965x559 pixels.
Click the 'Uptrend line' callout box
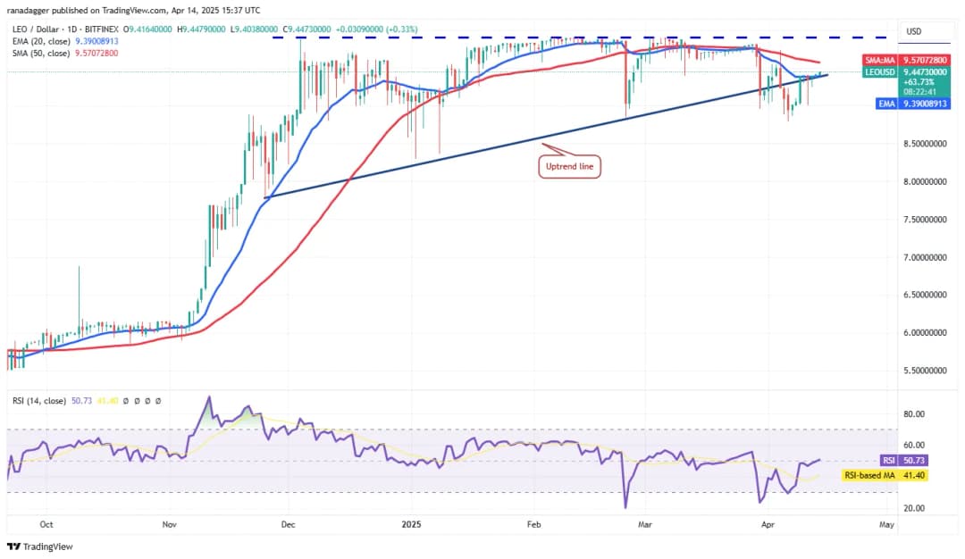tap(568, 166)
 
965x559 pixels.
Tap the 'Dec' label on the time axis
tap(289, 525)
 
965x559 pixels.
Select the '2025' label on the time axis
tap(410, 525)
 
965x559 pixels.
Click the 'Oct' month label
tap(46, 525)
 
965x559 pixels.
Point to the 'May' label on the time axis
tap(885, 525)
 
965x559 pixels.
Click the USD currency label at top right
tap(913, 31)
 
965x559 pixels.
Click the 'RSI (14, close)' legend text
tap(38, 401)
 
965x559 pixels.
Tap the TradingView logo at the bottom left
tap(40, 546)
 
